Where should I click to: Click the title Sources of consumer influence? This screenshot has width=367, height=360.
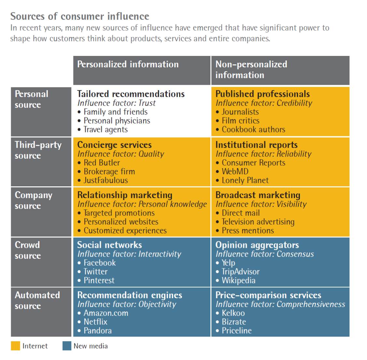80,16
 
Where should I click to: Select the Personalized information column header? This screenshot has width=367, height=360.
128,64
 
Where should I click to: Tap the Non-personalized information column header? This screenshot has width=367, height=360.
251,70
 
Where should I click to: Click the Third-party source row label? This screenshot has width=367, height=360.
38,150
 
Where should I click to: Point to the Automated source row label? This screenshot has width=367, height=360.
37,300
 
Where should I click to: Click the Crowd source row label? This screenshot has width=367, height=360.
28,250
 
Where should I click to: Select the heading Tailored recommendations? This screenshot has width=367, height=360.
131,94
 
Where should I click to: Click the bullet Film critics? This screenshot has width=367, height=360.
240,121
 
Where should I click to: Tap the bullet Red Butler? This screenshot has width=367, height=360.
102,163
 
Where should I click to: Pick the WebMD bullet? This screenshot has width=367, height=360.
235,171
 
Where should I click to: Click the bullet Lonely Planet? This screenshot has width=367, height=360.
245,180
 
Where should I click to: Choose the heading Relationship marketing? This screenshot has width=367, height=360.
124,195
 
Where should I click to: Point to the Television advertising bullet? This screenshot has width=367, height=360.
258,222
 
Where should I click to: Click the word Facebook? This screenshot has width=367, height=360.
100,263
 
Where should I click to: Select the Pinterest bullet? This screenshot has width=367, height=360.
99,280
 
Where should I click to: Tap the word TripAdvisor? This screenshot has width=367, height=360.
240,272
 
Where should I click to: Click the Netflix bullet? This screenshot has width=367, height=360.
95,322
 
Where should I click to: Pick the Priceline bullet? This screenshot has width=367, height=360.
236,330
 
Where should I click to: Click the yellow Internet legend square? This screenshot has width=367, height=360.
15,346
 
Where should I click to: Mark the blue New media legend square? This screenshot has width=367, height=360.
67,346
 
